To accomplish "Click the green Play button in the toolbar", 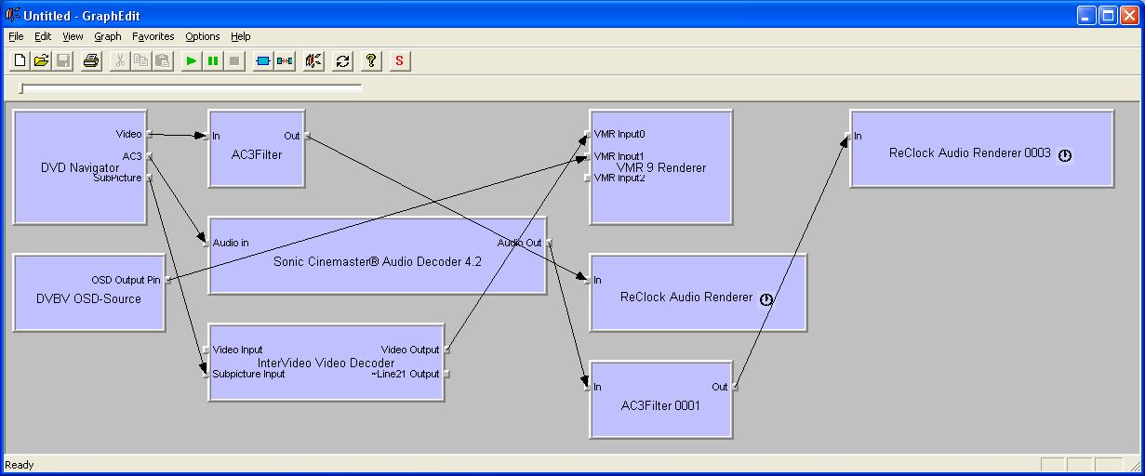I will pyautogui.click(x=191, y=61).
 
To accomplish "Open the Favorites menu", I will pyautogui.click(x=153, y=36).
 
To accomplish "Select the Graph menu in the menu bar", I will pyautogui.click(x=108, y=36).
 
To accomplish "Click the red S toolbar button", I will pyautogui.click(x=400, y=61).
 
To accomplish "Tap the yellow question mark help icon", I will pyautogui.click(x=371, y=61).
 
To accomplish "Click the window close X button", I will pyautogui.click(x=1127, y=16).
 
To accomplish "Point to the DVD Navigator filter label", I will pyautogui.click(x=80, y=167).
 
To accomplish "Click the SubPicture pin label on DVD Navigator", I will pyautogui.click(x=117, y=178).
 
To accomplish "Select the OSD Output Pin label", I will pyautogui.click(x=126, y=280).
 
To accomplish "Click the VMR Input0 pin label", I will pyautogui.click(x=619, y=134).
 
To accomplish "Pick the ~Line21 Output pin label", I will pyautogui.click(x=405, y=374).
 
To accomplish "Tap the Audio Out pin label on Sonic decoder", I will pyautogui.click(x=519, y=243).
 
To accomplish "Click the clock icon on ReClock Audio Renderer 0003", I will pyautogui.click(x=1065, y=155).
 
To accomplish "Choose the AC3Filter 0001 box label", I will pyautogui.click(x=660, y=405).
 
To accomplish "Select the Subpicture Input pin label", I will pyautogui.click(x=248, y=374).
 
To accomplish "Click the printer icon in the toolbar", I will pyautogui.click(x=90, y=61).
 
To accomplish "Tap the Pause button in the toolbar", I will pyautogui.click(x=213, y=61).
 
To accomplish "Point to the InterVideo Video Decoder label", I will pyautogui.click(x=326, y=363).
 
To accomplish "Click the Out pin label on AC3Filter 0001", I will pyautogui.click(x=720, y=387).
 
